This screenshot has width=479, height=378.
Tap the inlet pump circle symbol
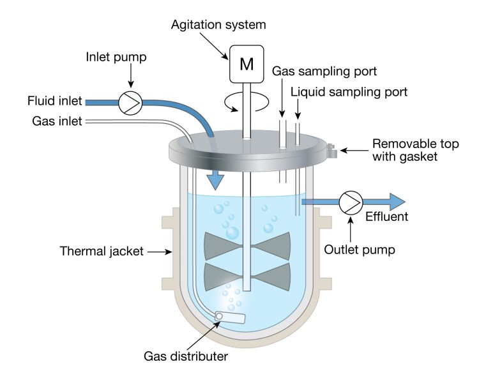[x=130, y=102]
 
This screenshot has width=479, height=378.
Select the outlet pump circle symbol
[x=350, y=202]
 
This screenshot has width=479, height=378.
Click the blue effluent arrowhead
[x=395, y=202]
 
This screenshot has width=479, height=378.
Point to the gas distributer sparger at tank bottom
[x=231, y=317]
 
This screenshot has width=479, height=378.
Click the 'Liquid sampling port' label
[x=349, y=93]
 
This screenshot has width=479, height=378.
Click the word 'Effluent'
[x=386, y=218]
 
